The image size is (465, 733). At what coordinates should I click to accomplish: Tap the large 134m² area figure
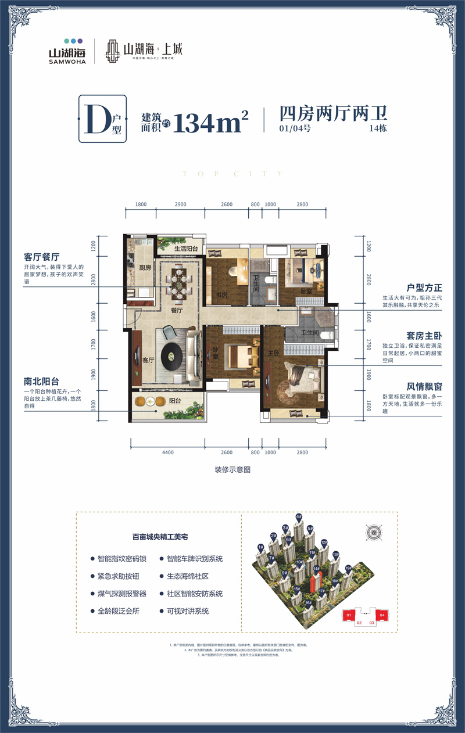(210, 122)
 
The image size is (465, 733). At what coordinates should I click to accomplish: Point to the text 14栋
(378, 129)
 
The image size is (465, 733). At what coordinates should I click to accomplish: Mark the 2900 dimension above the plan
(180, 205)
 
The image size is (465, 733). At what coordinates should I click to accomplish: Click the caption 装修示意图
(232, 469)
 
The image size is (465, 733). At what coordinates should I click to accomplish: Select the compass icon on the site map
(372, 531)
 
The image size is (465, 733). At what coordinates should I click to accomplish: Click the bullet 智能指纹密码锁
(122, 559)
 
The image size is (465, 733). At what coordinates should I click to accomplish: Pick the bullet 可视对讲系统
(187, 611)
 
